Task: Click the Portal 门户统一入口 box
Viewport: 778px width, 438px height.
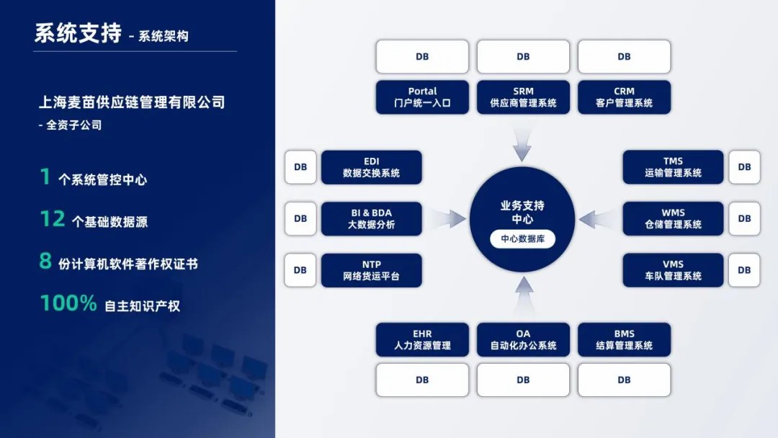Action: pos(422,97)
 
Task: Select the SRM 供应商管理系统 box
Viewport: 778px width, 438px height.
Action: pos(523,97)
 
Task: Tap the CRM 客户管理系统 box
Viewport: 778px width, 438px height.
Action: pos(624,97)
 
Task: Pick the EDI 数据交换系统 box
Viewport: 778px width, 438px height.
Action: pos(371,167)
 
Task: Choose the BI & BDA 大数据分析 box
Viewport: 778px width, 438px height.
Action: pos(371,219)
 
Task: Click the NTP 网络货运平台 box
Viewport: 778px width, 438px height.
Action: pos(371,270)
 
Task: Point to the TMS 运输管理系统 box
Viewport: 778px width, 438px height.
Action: pos(673,167)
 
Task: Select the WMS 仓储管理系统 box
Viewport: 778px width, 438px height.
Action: pos(673,219)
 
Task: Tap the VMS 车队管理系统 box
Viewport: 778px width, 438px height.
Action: pos(673,270)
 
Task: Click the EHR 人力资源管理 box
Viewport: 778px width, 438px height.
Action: pos(422,339)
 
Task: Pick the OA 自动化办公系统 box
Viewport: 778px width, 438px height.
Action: pos(523,339)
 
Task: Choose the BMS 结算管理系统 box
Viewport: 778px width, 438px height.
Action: pos(624,339)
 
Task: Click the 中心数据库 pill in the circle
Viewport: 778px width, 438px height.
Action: pos(522,239)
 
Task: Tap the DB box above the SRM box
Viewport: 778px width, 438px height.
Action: pos(523,57)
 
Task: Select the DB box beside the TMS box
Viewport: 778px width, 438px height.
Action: pos(744,167)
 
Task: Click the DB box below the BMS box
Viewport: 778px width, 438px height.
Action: pos(624,380)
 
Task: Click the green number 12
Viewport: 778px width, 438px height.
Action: pos(53,219)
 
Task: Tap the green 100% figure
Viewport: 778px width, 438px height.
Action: pos(68,304)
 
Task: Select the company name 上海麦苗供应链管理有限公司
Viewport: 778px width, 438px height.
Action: pos(132,102)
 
